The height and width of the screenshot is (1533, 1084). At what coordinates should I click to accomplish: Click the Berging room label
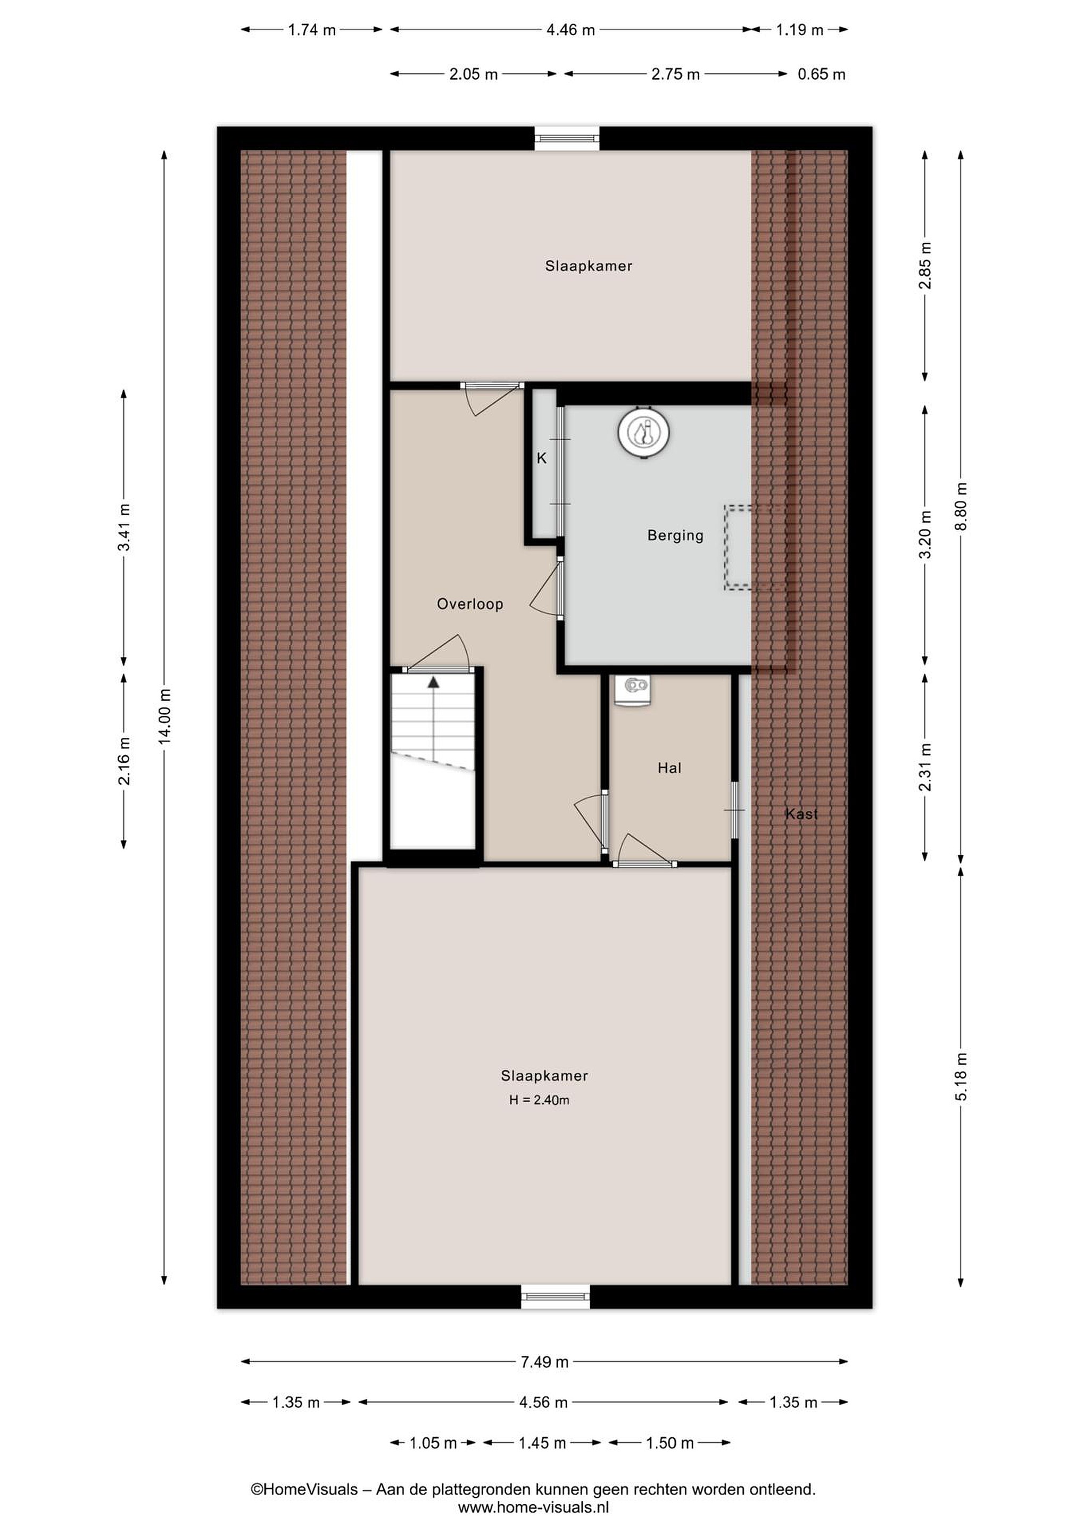tap(675, 535)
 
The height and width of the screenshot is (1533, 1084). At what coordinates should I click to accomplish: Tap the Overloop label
tap(470, 604)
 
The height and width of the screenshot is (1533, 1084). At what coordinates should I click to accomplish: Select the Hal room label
tap(669, 768)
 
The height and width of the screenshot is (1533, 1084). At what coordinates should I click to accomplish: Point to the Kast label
tap(801, 813)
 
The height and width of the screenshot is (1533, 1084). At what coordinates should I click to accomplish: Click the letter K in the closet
tap(542, 458)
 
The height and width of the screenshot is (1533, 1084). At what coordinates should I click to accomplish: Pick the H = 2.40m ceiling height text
tap(539, 1100)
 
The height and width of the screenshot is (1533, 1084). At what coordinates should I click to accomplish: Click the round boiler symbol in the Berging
tap(643, 432)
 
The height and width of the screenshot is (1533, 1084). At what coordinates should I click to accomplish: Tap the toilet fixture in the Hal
tap(633, 690)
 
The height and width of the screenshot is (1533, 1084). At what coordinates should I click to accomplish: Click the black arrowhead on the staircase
tap(434, 682)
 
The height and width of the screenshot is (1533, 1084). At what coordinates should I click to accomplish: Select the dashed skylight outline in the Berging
tap(738, 548)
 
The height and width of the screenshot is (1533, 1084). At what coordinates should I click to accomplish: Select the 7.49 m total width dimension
tap(545, 1362)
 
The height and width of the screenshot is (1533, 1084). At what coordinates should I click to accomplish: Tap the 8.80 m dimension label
tap(961, 506)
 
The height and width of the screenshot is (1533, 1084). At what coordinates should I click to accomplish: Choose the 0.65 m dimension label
tap(822, 74)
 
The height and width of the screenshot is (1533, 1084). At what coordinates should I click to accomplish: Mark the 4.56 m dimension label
tap(543, 1402)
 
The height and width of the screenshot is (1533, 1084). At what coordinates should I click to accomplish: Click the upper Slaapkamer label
tap(589, 266)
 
